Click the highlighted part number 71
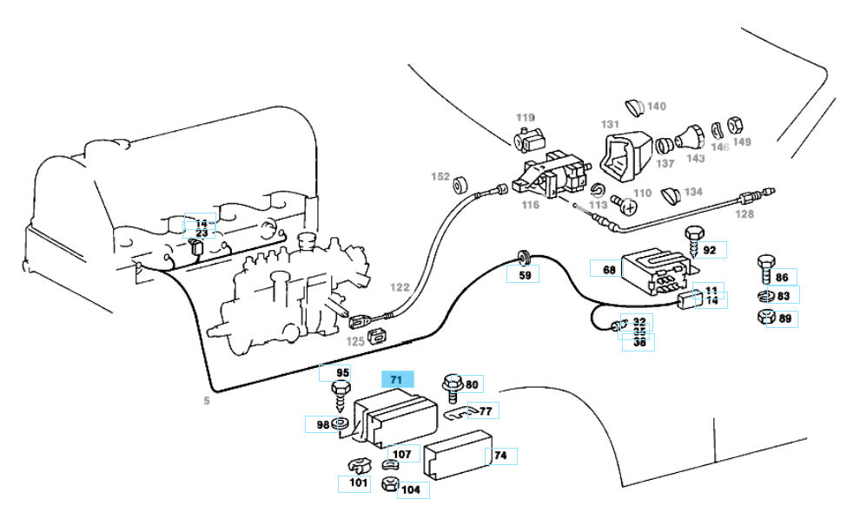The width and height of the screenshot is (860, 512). point(396,380)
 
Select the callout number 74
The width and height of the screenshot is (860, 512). point(500,456)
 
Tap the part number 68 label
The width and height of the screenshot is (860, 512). point(608,270)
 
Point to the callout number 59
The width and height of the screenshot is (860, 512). point(525,275)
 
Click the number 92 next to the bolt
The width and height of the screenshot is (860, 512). point(710,251)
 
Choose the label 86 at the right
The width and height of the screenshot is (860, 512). point(782,278)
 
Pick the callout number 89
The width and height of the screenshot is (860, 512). point(784,318)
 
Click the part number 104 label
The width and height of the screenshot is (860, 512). point(411,490)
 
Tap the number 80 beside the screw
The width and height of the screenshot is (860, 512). point(472,384)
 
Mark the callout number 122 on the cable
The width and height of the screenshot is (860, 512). point(400,287)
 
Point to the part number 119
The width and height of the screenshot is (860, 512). point(526,117)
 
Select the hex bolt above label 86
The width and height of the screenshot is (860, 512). point(764,263)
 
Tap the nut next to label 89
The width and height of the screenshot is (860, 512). point(764,317)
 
